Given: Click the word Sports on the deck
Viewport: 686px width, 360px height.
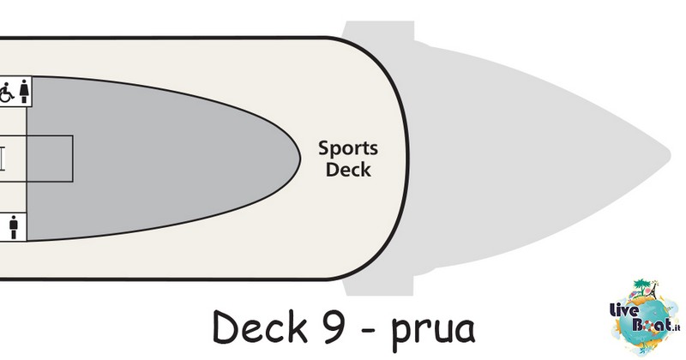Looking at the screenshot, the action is [348, 149].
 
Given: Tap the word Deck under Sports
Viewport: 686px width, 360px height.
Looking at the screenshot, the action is [348, 170].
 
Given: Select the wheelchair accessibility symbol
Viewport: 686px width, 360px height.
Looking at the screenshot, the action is [6, 93].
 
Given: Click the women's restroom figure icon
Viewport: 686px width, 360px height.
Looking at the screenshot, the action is [24, 92].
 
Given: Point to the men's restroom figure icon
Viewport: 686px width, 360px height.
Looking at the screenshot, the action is [14, 226].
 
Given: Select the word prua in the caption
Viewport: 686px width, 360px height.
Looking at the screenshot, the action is [433, 331].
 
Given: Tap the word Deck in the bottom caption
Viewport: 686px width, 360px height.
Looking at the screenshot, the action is [260, 327].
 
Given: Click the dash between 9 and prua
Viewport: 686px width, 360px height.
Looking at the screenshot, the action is [370, 330].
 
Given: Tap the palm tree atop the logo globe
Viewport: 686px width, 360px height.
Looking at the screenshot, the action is [641, 286].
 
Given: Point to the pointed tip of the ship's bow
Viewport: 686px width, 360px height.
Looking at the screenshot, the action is [671, 155].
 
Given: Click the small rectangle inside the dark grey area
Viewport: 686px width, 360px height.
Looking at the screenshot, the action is [50, 159].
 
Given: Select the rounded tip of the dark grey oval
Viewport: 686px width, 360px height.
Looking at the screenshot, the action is [299, 159].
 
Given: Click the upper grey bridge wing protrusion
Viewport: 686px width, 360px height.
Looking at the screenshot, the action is [378, 31].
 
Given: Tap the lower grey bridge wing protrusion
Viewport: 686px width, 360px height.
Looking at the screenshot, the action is [378, 285].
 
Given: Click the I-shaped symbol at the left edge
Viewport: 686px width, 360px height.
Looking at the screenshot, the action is [3, 159].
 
